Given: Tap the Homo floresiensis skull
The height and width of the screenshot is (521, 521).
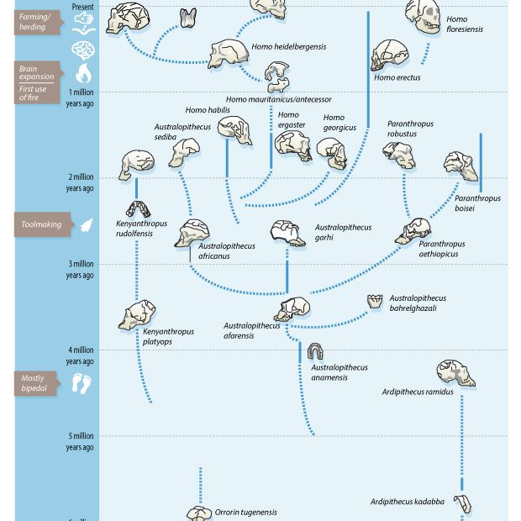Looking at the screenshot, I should coord(423,16).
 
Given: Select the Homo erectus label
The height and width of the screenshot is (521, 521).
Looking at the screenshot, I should coord(397,78).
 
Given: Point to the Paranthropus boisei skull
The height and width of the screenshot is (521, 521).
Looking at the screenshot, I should coord(460,166).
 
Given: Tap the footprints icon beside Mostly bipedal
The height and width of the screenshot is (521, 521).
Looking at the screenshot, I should coord(82,384).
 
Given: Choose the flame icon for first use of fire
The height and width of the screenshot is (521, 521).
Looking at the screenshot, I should coord(83,73).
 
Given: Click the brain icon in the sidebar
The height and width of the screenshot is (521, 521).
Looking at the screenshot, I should coord(82,50).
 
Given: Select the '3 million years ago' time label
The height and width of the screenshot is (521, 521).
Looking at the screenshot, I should coord(80,269).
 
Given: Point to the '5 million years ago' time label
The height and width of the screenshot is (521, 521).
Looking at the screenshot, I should coord(80,441).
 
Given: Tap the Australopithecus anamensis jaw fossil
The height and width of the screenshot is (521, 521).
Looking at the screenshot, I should coord(315,351).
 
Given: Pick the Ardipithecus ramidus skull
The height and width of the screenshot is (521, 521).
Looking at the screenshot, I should coord(455,372).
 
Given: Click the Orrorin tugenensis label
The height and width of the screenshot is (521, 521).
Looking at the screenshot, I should coord(245,512).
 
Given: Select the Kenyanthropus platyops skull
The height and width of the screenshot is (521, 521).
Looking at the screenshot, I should coord(137,315).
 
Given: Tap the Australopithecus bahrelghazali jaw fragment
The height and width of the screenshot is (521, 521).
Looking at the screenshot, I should coord(375,301).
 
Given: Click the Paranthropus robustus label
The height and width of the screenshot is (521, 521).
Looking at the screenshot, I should coord(410,129).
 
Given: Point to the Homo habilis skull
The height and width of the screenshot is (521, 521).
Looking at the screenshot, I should coord(234,128).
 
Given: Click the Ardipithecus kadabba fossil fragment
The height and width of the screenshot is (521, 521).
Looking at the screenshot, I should coord(462,504).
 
